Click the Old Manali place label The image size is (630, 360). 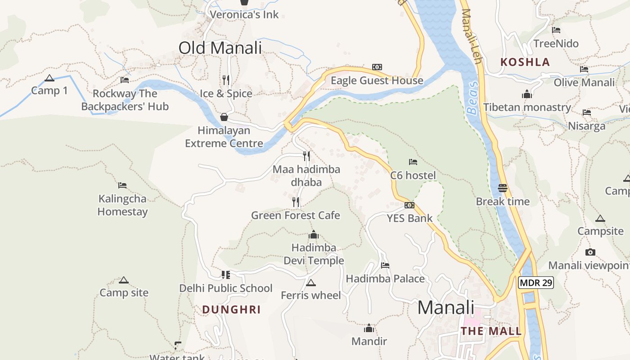pyautogui.click(x=220, y=48)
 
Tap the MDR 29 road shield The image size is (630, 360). pyautogui.click(x=535, y=283)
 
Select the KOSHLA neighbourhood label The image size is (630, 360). pyautogui.click(x=525, y=62)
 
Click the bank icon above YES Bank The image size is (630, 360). pyautogui.click(x=409, y=205)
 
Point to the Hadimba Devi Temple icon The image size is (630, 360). pyautogui.click(x=314, y=234)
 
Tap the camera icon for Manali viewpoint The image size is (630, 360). pyautogui.click(x=590, y=252)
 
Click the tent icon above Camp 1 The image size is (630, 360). pyautogui.click(x=49, y=78)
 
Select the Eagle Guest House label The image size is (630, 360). pyautogui.click(x=377, y=81)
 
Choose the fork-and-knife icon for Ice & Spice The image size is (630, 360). pyautogui.click(x=226, y=80)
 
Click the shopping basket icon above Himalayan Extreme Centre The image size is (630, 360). pyautogui.click(x=224, y=117)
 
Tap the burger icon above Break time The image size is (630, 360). pyautogui.click(x=503, y=188)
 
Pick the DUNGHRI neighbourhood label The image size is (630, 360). pyautogui.click(x=231, y=310)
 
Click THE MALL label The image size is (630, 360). pyautogui.click(x=491, y=331)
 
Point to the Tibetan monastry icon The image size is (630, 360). pyautogui.click(x=527, y=94)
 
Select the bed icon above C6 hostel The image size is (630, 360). pyautogui.click(x=413, y=162)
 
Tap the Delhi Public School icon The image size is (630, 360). pyautogui.click(x=225, y=274)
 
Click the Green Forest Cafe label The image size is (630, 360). pyautogui.click(x=295, y=216)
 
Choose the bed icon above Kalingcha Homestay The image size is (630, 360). pyautogui.click(x=122, y=185)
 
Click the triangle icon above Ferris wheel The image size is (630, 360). pyautogui.click(x=310, y=283)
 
